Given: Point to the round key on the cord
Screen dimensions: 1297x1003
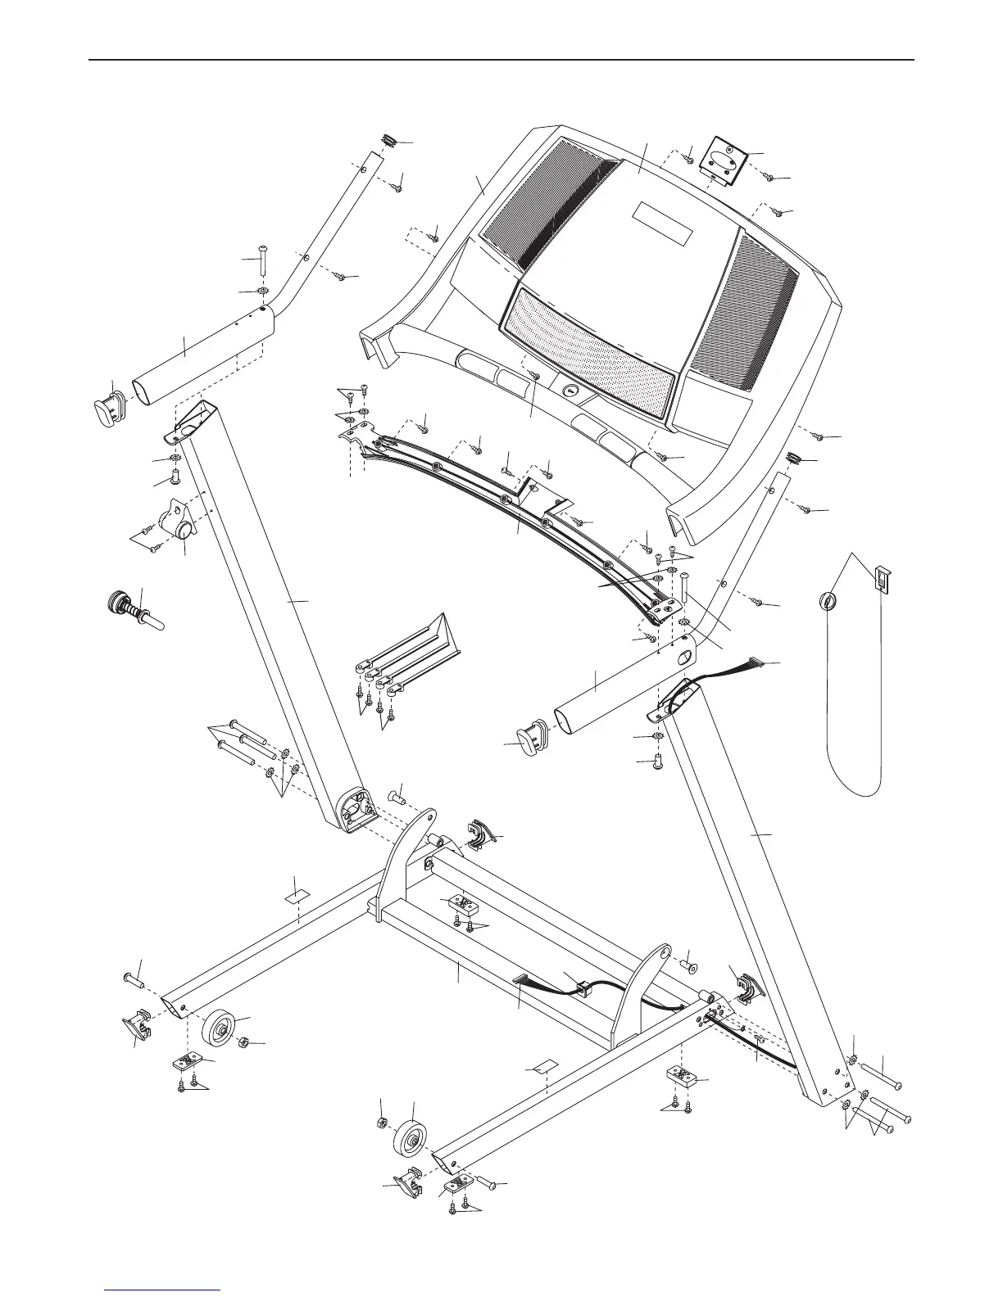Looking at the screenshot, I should pyautogui.click(x=828, y=601).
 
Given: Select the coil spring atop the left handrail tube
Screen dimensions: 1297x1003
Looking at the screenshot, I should pyautogui.click(x=388, y=141).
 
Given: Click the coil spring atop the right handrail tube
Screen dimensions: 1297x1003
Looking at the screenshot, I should pyautogui.click(x=793, y=457).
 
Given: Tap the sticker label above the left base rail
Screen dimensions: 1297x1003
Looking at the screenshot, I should pyautogui.click(x=296, y=895).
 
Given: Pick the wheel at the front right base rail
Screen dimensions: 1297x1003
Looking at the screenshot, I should pyautogui.click(x=412, y=1140).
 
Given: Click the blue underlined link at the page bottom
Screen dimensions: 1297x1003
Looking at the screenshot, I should pyautogui.click(x=162, y=1289).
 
